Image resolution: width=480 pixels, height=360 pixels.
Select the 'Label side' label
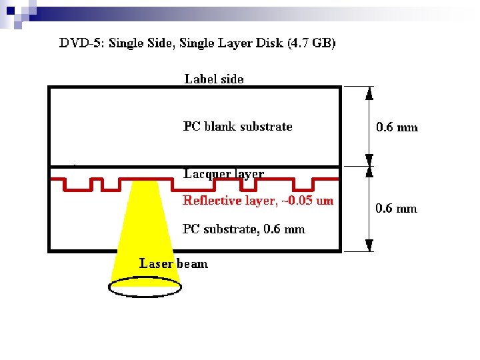pyautogui.click(x=214, y=79)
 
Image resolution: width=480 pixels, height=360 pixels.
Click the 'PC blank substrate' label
pyautogui.click(x=237, y=126)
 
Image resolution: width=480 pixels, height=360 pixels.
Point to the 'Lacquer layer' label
pyautogui.click(x=224, y=174)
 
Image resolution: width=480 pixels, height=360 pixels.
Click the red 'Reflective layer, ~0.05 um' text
pyautogui.click(x=258, y=200)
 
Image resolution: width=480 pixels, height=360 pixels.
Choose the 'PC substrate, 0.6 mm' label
pyautogui.click(x=244, y=229)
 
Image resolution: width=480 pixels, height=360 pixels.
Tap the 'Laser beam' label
pyautogui.click(x=173, y=263)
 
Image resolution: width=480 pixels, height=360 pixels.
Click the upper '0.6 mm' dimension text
pyautogui.click(x=397, y=127)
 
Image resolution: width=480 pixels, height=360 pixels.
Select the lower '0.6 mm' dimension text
pyautogui.click(x=397, y=209)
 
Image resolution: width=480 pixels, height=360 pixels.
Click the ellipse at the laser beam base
pyautogui.click(x=145, y=286)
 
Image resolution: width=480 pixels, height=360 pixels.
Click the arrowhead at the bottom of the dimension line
pyautogui.click(x=369, y=246)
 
